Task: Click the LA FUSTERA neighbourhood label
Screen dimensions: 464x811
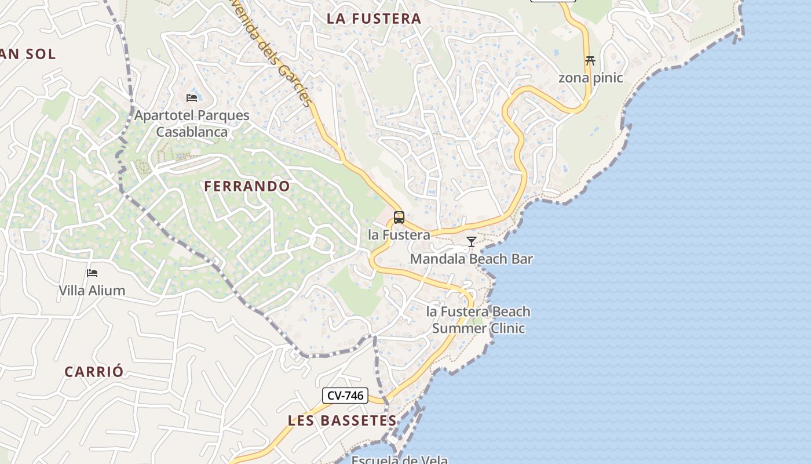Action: pyautogui.click(x=374, y=19)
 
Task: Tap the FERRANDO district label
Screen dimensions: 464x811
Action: pyautogui.click(x=247, y=186)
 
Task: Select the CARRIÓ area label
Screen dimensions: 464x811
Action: pyautogui.click(x=94, y=372)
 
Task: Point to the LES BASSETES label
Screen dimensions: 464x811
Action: pyautogui.click(x=342, y=420)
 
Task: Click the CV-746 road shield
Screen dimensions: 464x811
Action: pyautogui.click(x=345, y=396)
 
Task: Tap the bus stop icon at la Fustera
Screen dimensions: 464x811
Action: pyautogui.click(x=399, y=217)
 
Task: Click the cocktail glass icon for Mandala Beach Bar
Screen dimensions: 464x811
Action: pyautogui.click(x=472, y=242)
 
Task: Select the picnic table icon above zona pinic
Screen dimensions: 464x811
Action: pyautogui.click(x=590, y=60)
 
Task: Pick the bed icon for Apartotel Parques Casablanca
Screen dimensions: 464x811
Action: pyautogui.click(x=192, y=97)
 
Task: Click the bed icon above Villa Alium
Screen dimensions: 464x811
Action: pyautogui.click(x=92, y=273)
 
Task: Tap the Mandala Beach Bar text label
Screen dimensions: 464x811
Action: pyautogui.click(x=471, y=259)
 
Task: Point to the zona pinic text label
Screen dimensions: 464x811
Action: pyautogui.click(x=590, y=78)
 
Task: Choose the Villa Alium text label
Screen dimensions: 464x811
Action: pyautogui.click(x=92, y=290)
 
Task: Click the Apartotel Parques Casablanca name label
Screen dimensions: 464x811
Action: pyautogui.click(x=192, y=124)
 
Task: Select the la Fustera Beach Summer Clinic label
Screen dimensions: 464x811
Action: pyautogui.click(x=478, y=320)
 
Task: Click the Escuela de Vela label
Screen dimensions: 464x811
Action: pyautogui.click(x=400, y=460)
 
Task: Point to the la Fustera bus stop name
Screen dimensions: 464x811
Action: pyautogui.click(x=399, y=235)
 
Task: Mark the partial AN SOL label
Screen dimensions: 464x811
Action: pyautogui.click(x=28, y=54)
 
